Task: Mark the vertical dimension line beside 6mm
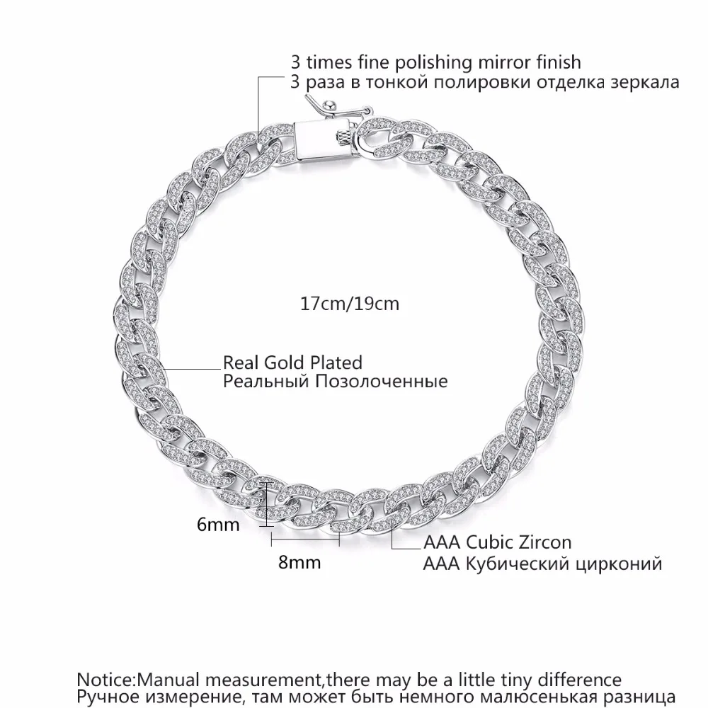(x=267, y=503)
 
